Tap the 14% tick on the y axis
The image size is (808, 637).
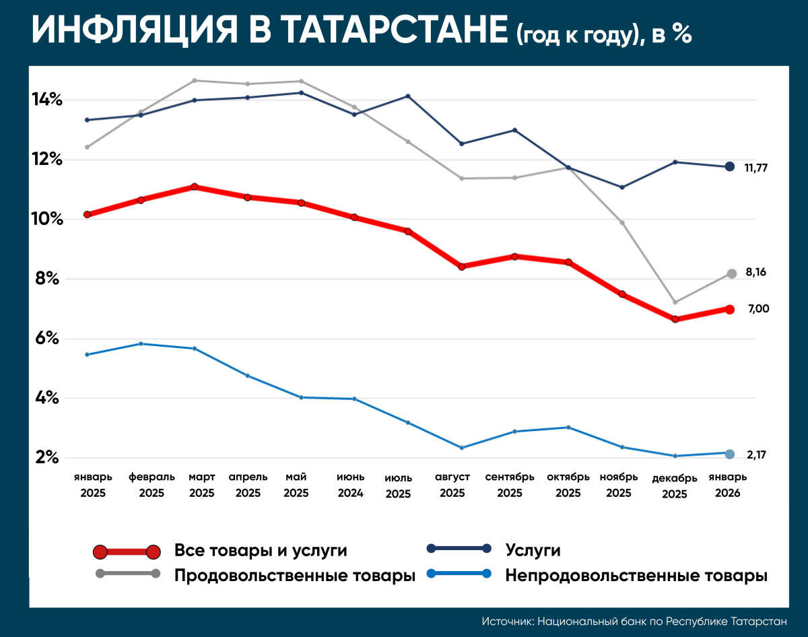tap(48, 100)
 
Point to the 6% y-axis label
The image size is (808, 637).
tap(48, 339)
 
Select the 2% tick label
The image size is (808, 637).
tap(48, 458)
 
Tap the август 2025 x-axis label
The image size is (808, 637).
tap(452, 485)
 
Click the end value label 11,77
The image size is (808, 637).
tap(756, 168)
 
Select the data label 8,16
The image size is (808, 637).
tap(756, 273)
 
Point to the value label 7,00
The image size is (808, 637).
tap(758, 309)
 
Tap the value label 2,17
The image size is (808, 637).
tap(756, 455)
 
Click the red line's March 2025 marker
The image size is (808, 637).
tap(195, 187)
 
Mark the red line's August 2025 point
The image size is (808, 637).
tap(461, 267)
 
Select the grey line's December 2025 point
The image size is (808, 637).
tap(675, 302)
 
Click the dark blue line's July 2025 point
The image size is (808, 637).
tap(407, 96)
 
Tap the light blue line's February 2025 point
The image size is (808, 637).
tap(141, 344)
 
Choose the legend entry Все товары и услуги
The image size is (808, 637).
tap(261, 551)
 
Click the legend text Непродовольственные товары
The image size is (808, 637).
tap(636, 576)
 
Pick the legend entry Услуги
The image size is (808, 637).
tap(533, 550)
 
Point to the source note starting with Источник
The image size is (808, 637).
tap(634, 621)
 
